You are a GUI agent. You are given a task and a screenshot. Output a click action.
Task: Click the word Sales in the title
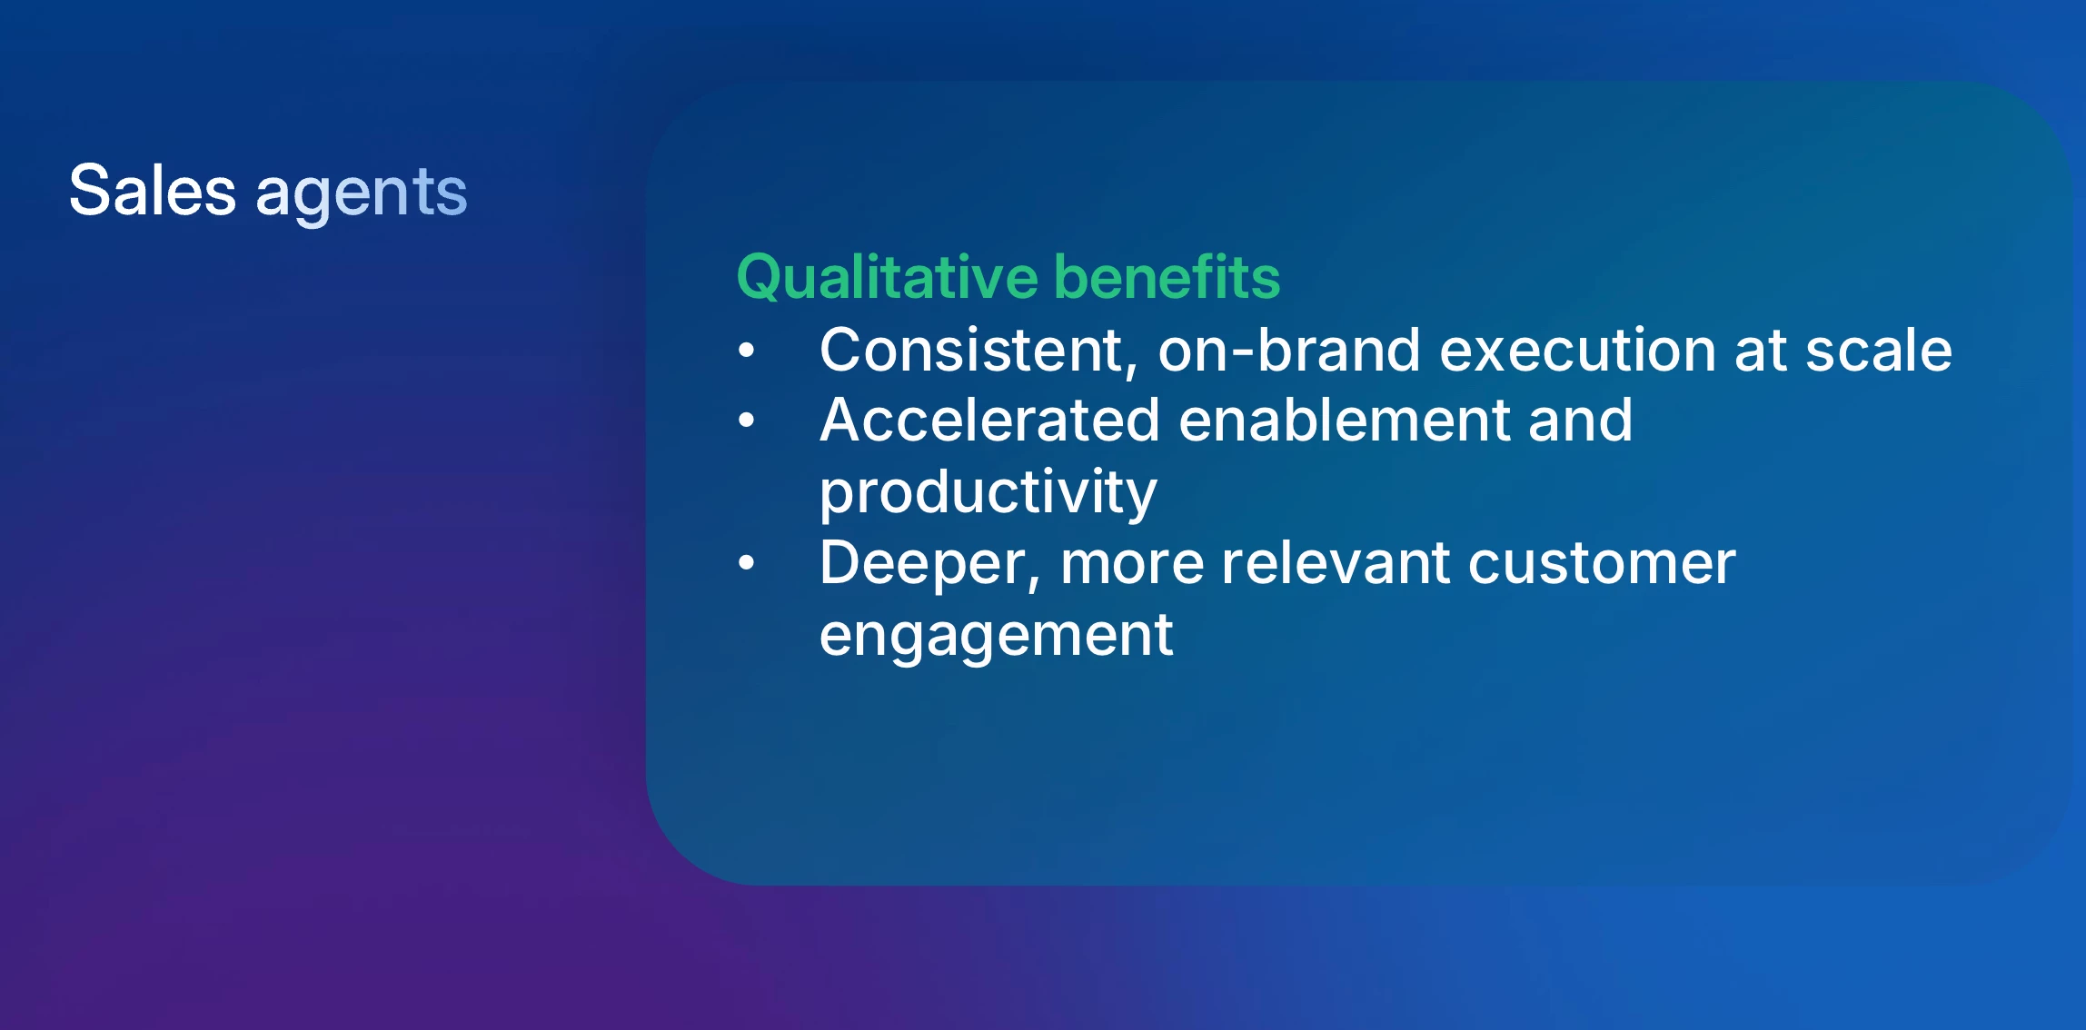(153, 191)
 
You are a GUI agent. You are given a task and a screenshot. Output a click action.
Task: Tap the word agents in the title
(362, 194)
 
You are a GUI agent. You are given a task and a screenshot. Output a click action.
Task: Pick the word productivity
(988, 494)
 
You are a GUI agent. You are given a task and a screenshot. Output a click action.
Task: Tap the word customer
(1602, 564)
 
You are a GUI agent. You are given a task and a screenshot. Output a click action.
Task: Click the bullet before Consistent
(747, 350)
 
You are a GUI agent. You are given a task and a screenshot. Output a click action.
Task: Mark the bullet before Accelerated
(747, 420)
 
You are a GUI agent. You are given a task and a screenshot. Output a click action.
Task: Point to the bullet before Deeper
(747, 562)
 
